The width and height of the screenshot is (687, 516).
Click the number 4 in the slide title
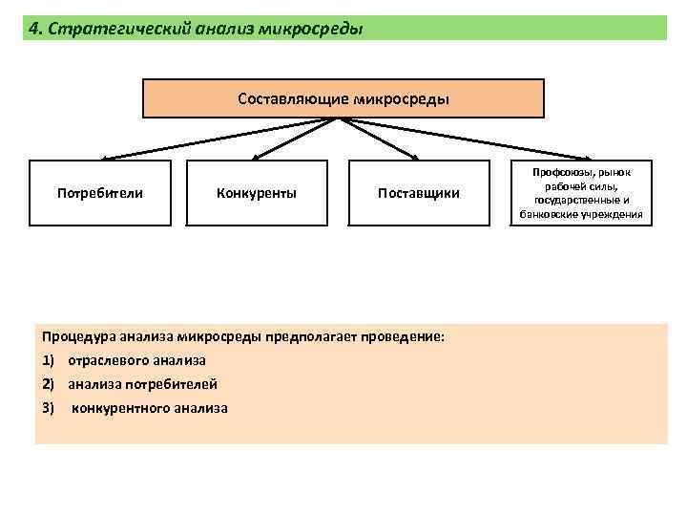click(34, 29)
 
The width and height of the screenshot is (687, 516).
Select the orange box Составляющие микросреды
click(343, 98)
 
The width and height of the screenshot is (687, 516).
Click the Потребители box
click(100, 193)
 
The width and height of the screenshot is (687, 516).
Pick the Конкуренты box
click(257, 193)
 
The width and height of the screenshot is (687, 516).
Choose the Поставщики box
click(419, 193)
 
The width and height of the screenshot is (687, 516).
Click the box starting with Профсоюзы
click(582, 193)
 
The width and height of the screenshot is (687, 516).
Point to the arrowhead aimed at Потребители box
click(105, 158)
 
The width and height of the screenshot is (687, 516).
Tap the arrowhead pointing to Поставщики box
click(414, 158)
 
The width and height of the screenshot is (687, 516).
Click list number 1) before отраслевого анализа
click(49, 360)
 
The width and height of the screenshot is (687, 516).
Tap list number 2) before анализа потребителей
click(49, 384)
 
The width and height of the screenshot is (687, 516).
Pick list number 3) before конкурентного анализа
click(49, 408)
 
